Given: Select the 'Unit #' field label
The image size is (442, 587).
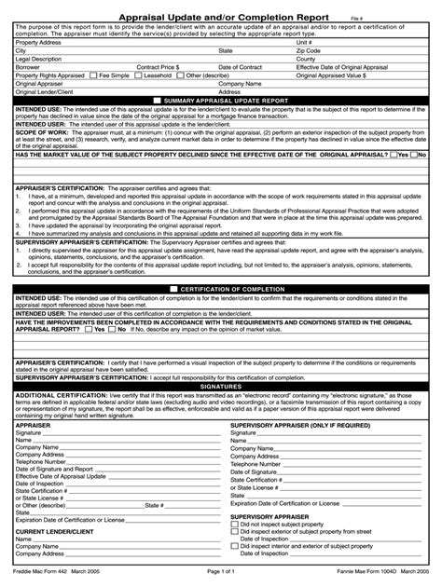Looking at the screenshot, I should (x=304, y=43).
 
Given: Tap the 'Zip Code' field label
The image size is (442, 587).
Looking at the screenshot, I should (x=309, y=51).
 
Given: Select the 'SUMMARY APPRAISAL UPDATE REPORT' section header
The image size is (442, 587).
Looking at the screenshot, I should (x=226, y=99).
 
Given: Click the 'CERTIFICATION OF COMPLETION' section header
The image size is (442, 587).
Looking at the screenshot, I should (x=226, y=289).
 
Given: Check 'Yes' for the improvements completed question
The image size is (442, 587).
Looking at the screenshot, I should (x=85, y=329).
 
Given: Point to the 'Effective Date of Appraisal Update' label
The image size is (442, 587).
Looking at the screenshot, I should (x=61, y=476).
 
